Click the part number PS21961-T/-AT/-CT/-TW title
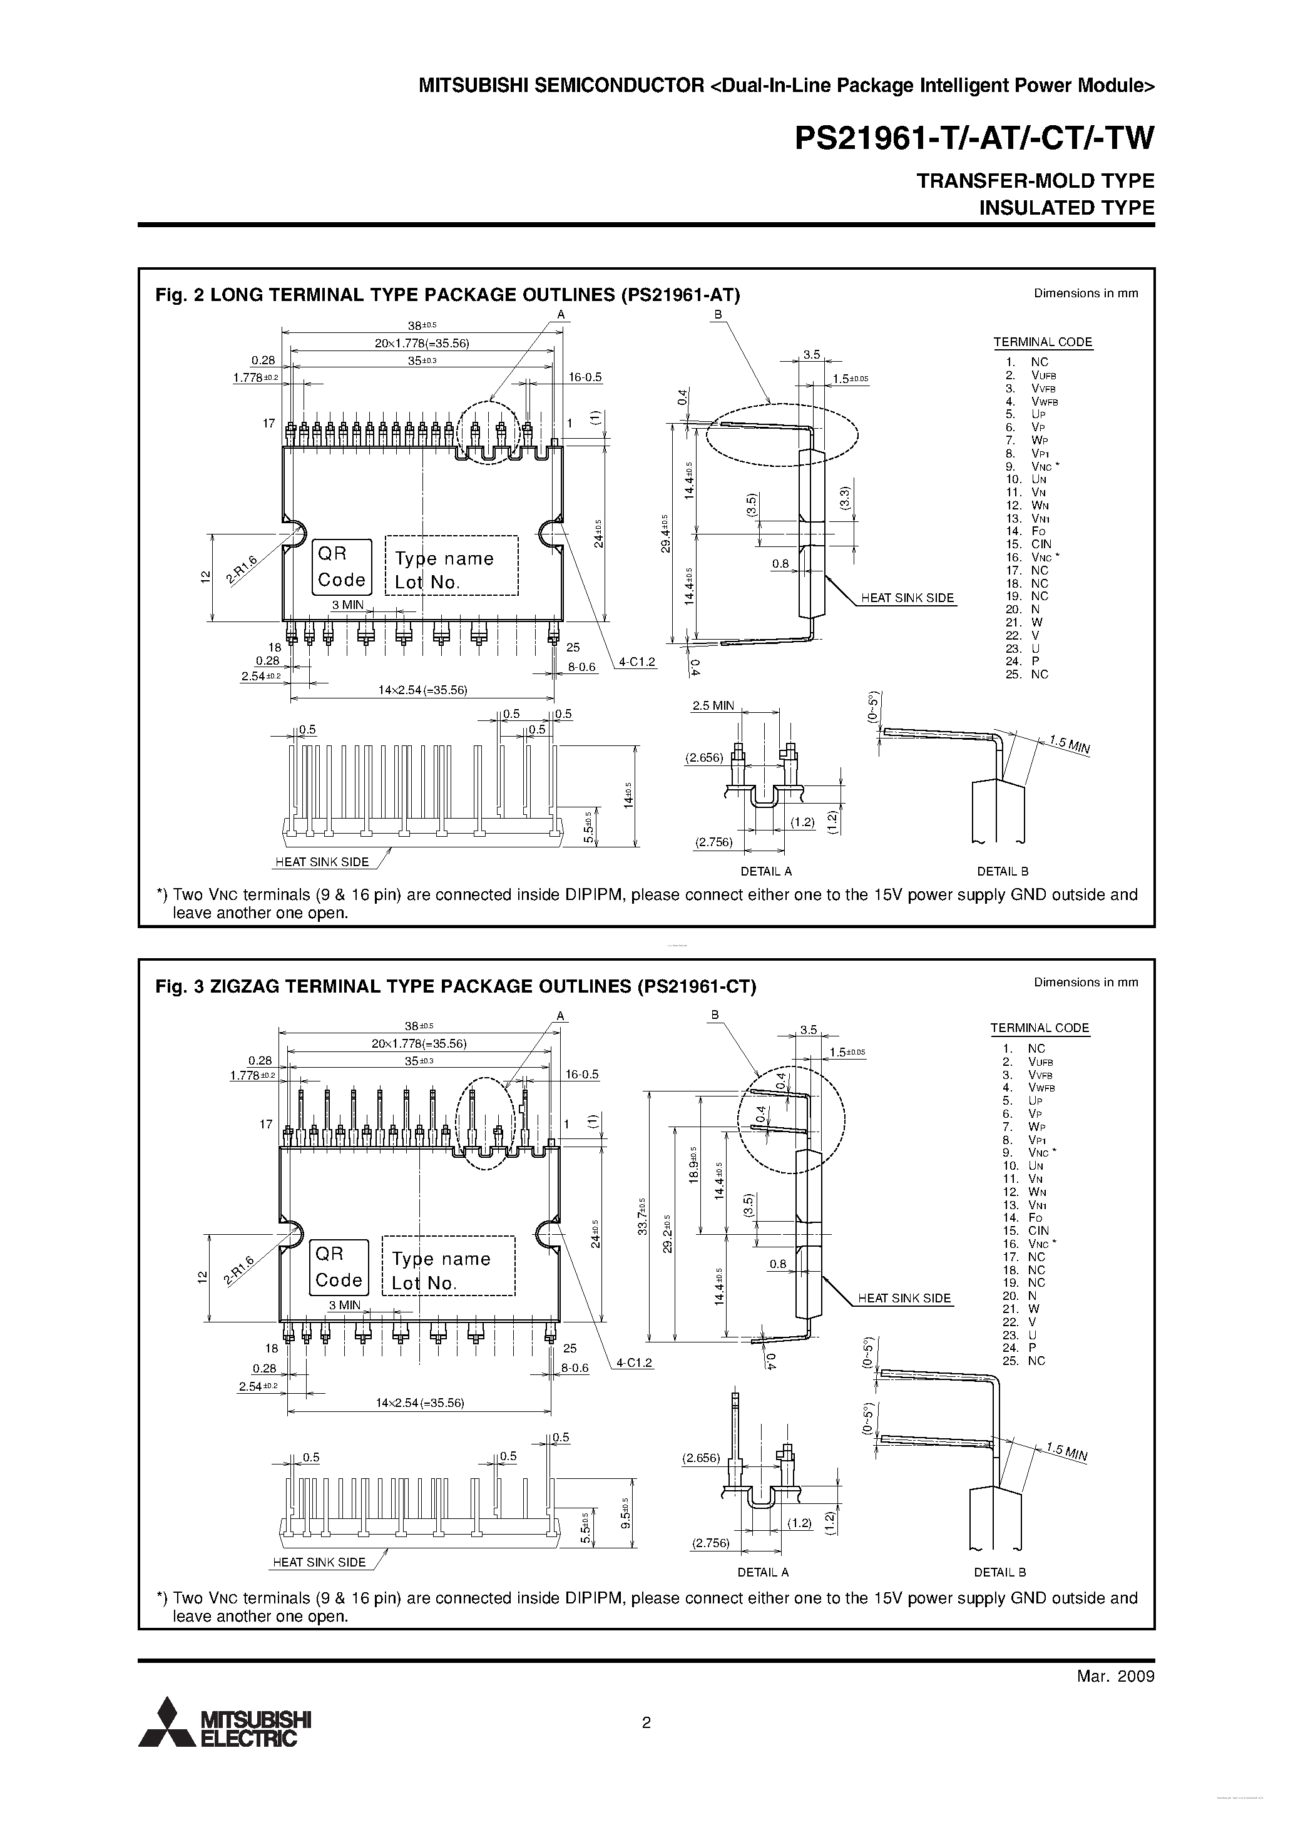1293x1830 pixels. coord(974,139)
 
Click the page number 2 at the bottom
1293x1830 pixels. coord(646,1721)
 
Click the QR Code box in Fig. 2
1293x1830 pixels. coord(341,566)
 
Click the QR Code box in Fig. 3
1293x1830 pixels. coord(339,1267)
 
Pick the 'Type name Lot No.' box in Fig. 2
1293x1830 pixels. coord(451,566)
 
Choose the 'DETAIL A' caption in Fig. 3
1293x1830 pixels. coord(762,1573)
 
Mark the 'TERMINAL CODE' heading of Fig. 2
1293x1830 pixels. coord(1042,342)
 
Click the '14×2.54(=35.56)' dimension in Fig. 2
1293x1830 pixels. coord(422,690)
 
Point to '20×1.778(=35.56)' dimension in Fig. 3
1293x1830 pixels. coord(419,1043)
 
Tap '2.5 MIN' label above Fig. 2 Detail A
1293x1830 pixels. coord(713,705)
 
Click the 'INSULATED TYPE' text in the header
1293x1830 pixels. coord(1066,208)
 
